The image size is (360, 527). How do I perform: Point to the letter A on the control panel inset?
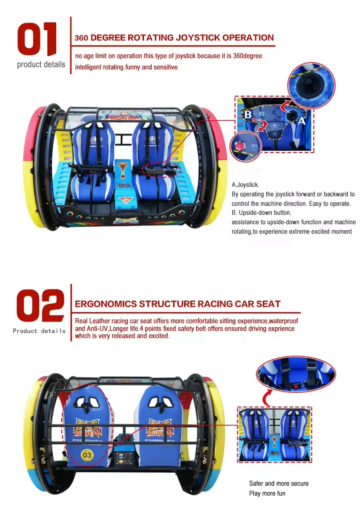pyautogui.click(x=301, y=121)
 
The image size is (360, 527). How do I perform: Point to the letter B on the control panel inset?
pyautogui.click(x=247, y=114)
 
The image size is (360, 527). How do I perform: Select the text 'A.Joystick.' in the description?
pyautogui.click(x=245, y=185)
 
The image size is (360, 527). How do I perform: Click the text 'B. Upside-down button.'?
pyautogui.click(x=261, y=213)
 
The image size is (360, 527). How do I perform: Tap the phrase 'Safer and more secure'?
pyautogui.click(x=279, y=483)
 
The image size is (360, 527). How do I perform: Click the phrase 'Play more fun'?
pyautogui.click(x=267, y=493)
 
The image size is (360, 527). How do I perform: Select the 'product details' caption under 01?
pyautogui.click(x=41, y=64)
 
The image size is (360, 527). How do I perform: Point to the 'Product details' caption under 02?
pyautogui.click(x=39, y=331)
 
